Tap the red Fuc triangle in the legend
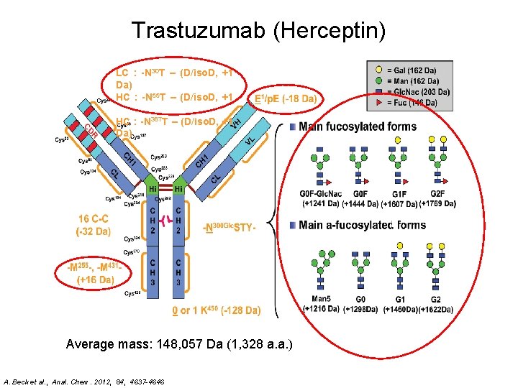pos(379,103)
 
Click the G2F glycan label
pos(436,194)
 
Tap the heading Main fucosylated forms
pos(358,127)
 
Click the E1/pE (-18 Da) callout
pos(286,98)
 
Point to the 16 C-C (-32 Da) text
pos(93,225)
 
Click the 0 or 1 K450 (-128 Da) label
pos(216,311)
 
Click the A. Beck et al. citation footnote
pos(84,380)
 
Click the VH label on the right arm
pos(235,124)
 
